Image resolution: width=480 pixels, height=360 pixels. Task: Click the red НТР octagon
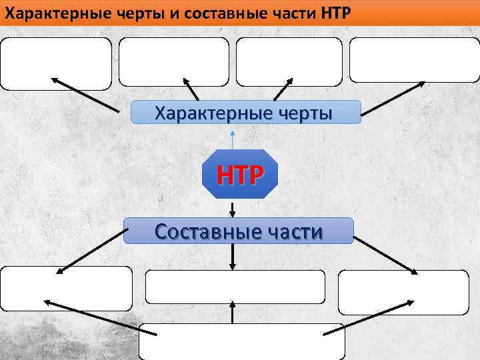(239, 175)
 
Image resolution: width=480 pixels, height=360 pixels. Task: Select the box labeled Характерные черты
(245, 113)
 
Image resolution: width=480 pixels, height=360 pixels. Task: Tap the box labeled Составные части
(239, 231)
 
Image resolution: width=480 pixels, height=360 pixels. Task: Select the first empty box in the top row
(56, 63)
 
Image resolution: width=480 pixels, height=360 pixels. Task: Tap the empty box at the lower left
(66, 288)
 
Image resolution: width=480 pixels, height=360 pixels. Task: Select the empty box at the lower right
(403, 292)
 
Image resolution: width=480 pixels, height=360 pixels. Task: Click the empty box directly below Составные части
(235, 287)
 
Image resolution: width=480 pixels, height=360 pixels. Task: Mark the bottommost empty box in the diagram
(241, 341)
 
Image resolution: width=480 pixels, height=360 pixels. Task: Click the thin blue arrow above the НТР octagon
(232, 139)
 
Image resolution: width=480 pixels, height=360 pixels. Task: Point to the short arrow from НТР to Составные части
(232, 208)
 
